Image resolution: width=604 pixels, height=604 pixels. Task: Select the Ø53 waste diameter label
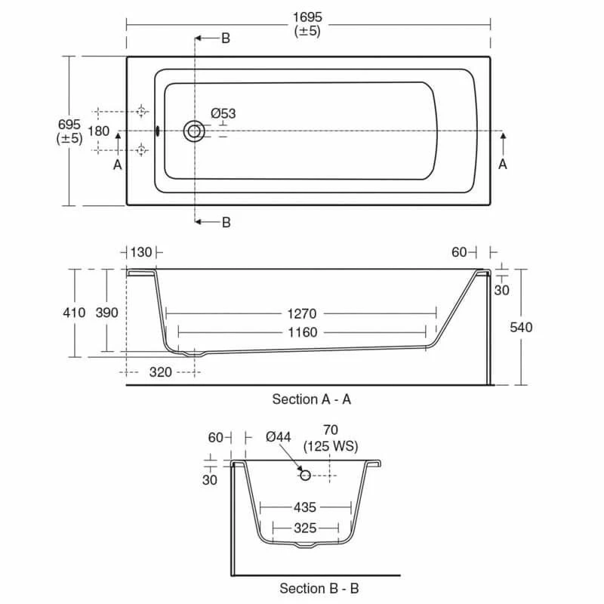tap(223, 113)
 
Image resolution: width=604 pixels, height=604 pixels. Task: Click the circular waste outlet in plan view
tap(195, 131)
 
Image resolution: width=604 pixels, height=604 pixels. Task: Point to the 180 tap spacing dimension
tap(99, 131)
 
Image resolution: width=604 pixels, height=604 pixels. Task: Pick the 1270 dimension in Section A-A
tap(300, 313)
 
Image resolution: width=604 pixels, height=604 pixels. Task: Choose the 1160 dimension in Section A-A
tap(300, 332)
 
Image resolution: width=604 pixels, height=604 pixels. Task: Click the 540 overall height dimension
tap(521, 327)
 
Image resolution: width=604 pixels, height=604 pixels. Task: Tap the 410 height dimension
tap(75, 313)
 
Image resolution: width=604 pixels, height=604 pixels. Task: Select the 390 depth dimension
tap(106, 313)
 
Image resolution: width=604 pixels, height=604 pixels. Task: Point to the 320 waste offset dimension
tap(161, 371)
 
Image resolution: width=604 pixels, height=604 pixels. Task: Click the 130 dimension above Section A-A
tap(141, 252)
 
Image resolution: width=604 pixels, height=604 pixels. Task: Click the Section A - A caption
tap(311, 399)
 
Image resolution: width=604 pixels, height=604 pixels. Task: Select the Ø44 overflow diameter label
tap(279, 437)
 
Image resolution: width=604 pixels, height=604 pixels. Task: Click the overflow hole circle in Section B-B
tap(305, 475)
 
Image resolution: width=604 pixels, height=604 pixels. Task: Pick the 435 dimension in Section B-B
tap(305, 508)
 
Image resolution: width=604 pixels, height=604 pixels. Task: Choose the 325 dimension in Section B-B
tap(305, 528)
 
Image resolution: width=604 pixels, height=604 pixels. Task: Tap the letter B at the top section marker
tap(226, 39)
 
